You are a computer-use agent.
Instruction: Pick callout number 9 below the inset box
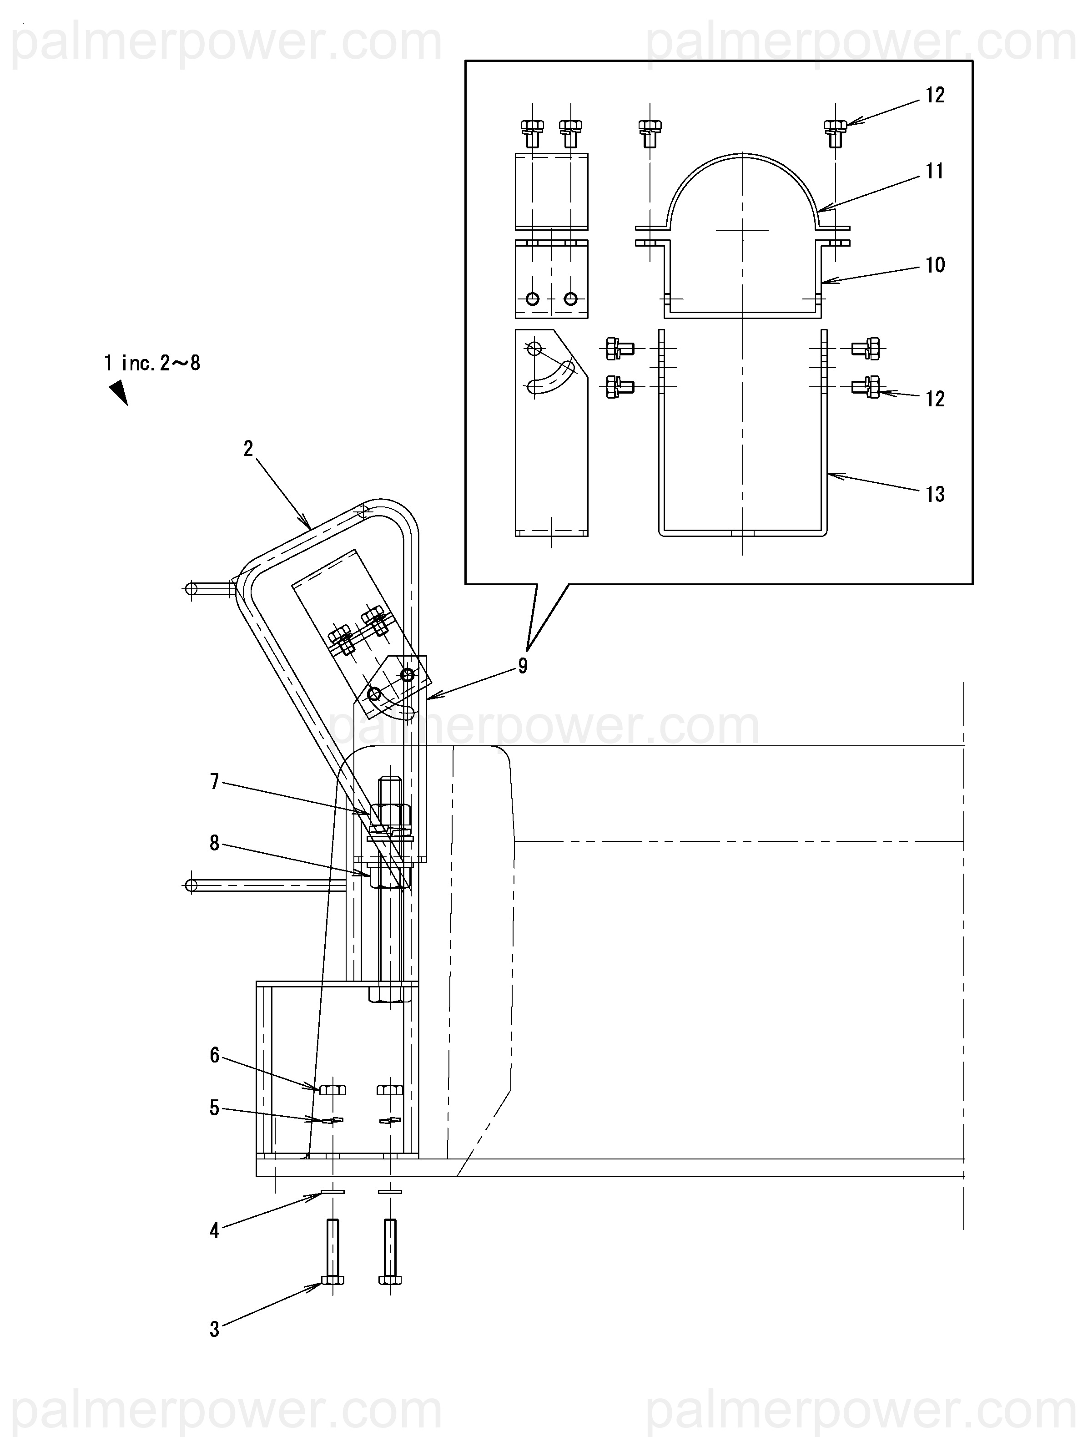pos(523,666)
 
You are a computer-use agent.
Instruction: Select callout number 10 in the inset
pos(935,265)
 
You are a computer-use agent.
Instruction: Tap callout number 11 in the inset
pos(935,172)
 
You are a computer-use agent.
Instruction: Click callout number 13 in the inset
pos(935,494)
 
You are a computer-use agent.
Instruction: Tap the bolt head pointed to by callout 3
pos(332,1280)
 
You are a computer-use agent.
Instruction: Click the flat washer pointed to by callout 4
pos(332,1192)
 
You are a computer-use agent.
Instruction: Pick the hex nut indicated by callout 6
pos(332,1089)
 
